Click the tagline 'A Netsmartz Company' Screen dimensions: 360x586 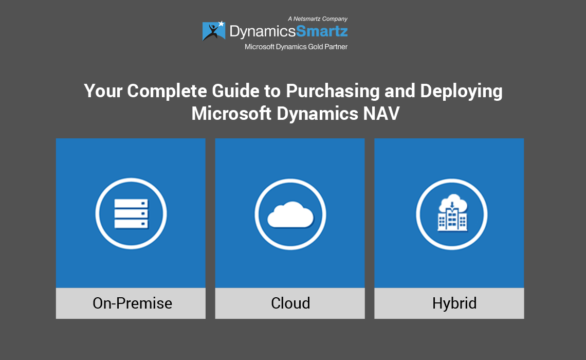point(317,19)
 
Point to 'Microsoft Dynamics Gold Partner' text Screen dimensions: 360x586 point(296,47)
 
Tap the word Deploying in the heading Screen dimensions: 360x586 point(461,91)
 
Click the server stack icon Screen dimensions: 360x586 point(131,213)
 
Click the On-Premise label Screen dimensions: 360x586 point(132,303)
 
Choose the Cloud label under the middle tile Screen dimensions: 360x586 point(290,303)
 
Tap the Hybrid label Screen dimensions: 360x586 point(454,303)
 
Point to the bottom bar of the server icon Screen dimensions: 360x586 point(131,224)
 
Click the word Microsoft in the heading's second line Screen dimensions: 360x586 point(231,113)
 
